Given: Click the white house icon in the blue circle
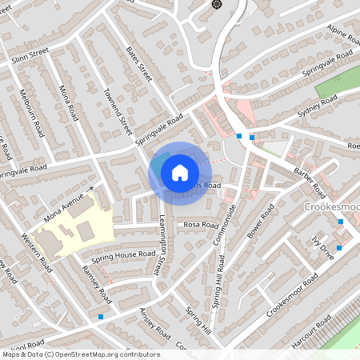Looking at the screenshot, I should click(x=180, y=172).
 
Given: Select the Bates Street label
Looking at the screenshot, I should click(x=139, y=62).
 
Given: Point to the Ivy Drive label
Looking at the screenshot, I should click(x=322, y=244).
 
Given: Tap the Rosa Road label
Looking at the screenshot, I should click(x=201, y=226).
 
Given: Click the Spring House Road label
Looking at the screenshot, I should click(x=123, y=254).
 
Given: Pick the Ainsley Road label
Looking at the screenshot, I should click(x=155, y=322).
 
